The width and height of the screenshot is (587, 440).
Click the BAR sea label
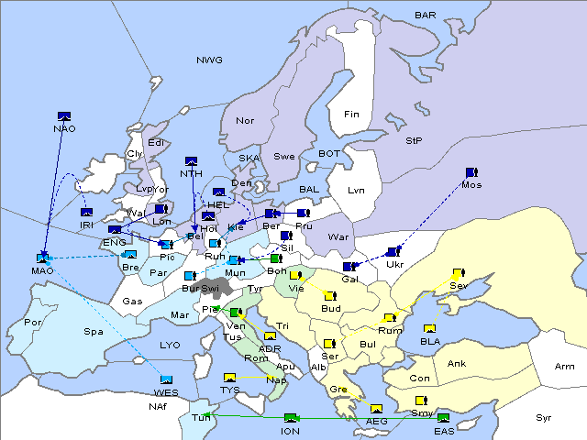tap(425, 15)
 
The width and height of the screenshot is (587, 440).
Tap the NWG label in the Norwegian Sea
tap(209, 60)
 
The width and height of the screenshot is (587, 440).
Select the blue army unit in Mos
tap(471, 171)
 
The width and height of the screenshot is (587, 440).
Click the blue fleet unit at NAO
tap(64, 115)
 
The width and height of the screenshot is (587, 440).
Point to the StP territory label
tap(414, 141)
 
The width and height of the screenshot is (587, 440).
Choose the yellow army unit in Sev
tap(458, 273)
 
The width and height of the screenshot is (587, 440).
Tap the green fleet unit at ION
tap(291, 418)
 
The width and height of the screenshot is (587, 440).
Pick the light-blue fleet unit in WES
tap(166, 379)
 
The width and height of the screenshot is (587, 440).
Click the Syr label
tap(544, 418)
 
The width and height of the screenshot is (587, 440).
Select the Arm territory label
tap(565, 367)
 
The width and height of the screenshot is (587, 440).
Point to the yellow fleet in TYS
tap(229, 377)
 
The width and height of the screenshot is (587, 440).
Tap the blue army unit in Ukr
tap(393, 251)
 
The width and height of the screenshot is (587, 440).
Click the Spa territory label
tap(94, 331)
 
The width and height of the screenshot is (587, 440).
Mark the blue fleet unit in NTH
tap(192, 161)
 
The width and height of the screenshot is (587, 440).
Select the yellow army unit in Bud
tap(330, 295)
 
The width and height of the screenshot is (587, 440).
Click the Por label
tap(34, 323)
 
